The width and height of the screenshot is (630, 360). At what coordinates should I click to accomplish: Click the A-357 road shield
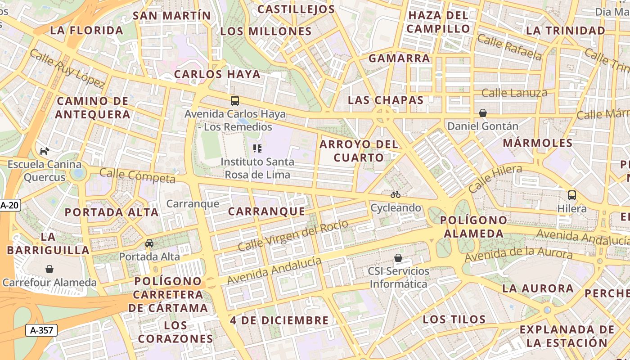(x=41, y=330)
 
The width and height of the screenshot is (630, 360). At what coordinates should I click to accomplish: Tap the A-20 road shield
(x=9, y=206)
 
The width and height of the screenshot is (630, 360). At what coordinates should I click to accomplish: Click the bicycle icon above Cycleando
(x=396, y=194)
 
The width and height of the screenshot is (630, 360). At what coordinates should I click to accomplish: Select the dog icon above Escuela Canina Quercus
(x=44, y=151)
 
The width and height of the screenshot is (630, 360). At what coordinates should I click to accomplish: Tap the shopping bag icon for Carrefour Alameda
(x=49, y=269)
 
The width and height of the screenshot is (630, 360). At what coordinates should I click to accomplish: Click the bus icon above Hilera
(x=572, y=195)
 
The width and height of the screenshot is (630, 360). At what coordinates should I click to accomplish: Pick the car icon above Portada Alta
(x=149, y=243)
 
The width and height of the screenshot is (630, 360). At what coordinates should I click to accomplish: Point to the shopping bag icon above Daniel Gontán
(x=483, y=112)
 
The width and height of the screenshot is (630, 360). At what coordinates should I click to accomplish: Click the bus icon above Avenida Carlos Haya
(x=234, y=100)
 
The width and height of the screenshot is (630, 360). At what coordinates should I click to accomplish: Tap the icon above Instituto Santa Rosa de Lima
(x=257, y=148)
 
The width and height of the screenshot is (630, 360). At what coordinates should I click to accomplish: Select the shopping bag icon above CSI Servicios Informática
(x=398, y=258)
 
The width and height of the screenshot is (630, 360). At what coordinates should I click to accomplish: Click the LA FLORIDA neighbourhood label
(x=86, y=30)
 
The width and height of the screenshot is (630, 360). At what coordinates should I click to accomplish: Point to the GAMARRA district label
(x=399, y=58)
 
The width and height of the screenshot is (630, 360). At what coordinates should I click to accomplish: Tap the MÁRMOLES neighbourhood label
(x=537, y=143)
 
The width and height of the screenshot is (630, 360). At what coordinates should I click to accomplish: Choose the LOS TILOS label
(x=454, y=319)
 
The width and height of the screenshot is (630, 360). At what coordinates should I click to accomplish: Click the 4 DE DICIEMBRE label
(x=279, y=320)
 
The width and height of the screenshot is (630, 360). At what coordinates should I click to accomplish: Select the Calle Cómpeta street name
(x=137, y=175)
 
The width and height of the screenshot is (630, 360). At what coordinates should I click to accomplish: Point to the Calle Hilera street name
(x=495, y=178)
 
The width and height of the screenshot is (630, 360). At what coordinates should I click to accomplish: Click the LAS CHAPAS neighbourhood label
(x=386, y=100)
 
